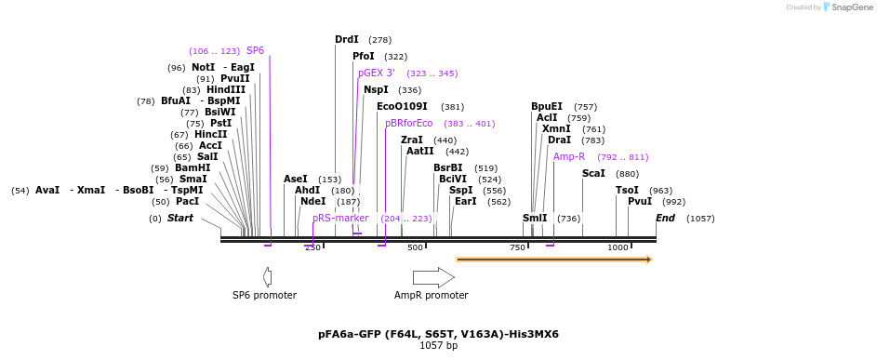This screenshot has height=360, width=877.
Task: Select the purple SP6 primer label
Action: click(x=255, y=51)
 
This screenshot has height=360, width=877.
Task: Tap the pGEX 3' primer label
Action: click(x=377, y=73)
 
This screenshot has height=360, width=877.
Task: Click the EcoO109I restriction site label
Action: click(x=402, y=107)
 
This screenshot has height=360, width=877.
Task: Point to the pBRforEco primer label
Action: click(x=409, y=123)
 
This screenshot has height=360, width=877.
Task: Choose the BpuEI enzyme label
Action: click(x=547, y=107)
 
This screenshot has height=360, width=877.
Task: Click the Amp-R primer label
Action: click(x=569, y=156)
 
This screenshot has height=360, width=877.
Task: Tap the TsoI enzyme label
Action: click(x=627, y=190)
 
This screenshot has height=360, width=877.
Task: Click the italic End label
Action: click(x=665, y=219)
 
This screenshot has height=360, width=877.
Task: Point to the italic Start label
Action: click(x=180, y=219)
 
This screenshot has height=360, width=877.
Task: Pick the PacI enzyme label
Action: click(x=187, y=202)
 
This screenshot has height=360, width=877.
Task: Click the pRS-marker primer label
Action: click(x=340, y=218)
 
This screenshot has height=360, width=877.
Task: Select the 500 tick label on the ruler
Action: click(x=416, y=247)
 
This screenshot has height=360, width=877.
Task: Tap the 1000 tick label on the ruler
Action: click(x=618, y=247)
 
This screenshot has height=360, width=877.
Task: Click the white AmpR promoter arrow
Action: click(x=433, y=277)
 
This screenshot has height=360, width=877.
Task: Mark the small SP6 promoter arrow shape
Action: click(x=267, y=277)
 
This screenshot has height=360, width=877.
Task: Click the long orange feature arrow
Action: click(x=554, y=259)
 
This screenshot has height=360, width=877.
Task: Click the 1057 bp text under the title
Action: click(x=438, y=346)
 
